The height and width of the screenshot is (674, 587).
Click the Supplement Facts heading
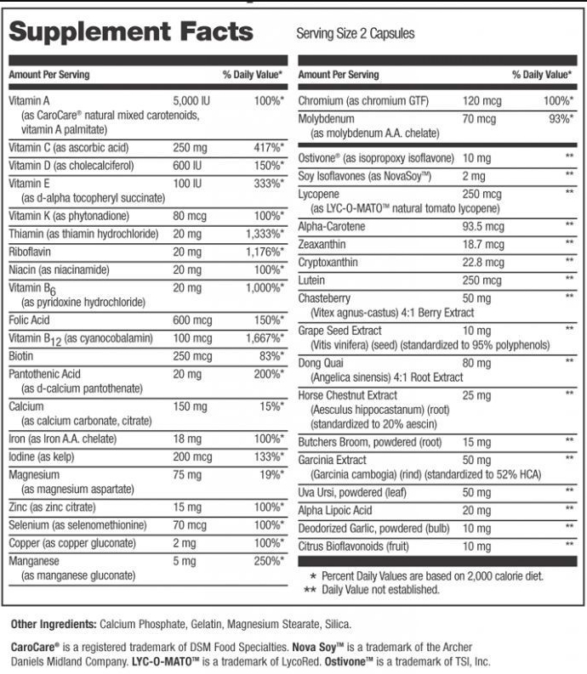(131, 31)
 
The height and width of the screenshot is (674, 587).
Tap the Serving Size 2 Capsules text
(356, 34)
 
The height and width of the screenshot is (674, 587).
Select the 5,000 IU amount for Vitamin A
(191, 100)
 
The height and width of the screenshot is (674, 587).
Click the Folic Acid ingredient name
(31, 320)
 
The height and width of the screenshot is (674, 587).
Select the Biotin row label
(21, 356)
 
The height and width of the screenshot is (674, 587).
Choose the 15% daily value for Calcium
(272, 406)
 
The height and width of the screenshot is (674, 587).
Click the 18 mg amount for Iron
(186, 439)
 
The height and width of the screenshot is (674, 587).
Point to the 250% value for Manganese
(269, 561)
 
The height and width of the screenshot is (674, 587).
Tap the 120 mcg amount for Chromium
(482, 100)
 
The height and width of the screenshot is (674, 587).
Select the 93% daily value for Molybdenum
(558, 118)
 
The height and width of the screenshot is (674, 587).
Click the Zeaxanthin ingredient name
(322, 243)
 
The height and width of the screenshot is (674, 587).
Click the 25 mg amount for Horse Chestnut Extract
(476, 395)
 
